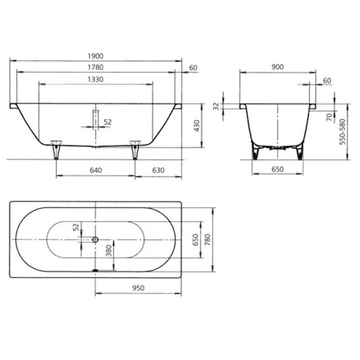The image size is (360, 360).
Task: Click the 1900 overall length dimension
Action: point(95,56)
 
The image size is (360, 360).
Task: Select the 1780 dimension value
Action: point(95,67)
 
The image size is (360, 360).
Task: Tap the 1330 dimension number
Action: point(95,79)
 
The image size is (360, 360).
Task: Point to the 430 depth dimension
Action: point(197,126)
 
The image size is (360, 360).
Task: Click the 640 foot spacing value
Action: point(95,170)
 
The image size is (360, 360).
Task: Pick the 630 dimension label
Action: point(158,170)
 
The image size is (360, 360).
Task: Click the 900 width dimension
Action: point(278,67)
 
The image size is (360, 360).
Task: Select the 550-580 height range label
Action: point(342,131)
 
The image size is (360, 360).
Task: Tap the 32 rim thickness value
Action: point(216,106)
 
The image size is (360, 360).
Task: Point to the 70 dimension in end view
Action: point(330,117)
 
